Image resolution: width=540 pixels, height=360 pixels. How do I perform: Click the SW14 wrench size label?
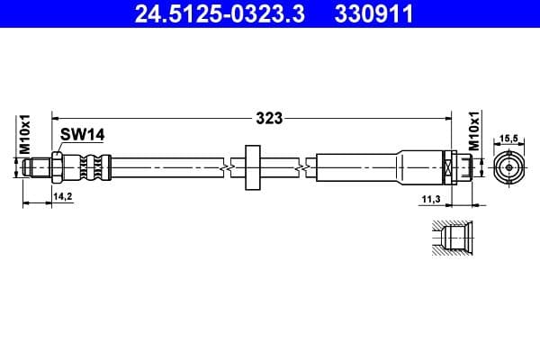83,134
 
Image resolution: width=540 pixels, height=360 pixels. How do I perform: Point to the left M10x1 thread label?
26,134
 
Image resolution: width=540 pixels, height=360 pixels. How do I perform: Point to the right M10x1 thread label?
473,134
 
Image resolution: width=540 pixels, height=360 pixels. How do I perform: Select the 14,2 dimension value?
62,194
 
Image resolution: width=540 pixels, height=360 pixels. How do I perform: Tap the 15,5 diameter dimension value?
510,139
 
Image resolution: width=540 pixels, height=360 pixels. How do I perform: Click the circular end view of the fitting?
510,166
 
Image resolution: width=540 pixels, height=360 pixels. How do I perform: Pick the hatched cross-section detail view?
446,238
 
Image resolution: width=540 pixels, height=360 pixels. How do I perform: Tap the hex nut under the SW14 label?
58,165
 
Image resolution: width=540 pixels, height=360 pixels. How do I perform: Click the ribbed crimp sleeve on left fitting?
92,165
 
